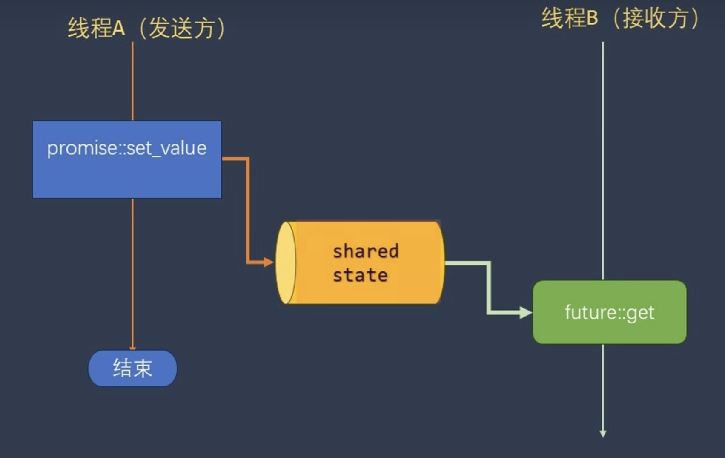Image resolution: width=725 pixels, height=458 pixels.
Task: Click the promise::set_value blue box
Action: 127,159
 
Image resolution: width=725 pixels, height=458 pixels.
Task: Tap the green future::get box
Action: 609,312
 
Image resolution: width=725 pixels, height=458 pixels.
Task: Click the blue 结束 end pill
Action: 132,369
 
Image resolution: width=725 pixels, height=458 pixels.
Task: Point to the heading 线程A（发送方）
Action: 146,29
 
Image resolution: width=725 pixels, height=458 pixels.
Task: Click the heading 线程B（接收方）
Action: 620,19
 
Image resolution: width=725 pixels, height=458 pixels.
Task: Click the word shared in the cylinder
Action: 366,251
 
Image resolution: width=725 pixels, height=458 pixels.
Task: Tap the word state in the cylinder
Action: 360,275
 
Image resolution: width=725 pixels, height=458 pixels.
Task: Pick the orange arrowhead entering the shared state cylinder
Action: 269,262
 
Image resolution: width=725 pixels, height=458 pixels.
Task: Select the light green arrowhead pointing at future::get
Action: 526,313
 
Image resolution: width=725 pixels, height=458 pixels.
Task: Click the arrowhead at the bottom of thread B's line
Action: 603,433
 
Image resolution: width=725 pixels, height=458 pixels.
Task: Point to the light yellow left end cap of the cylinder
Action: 286,262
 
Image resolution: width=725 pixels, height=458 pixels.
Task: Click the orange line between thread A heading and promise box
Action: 132,81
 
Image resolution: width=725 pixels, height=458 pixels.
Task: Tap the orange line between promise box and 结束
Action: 132,273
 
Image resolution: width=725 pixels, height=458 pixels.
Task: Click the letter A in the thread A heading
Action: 119,29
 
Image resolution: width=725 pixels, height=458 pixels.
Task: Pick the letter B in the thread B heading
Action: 592,19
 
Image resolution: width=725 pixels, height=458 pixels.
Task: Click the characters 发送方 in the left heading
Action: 182,29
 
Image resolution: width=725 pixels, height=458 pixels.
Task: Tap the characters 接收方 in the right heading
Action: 655,19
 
